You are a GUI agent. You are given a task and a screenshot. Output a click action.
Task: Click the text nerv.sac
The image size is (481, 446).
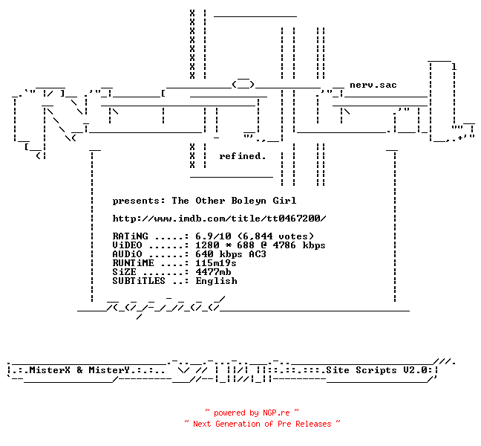[x=373, y=85]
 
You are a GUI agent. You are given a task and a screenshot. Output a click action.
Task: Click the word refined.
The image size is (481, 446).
[x=242, y=156]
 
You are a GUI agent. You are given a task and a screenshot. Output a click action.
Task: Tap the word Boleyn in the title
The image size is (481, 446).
[x=249, y=201]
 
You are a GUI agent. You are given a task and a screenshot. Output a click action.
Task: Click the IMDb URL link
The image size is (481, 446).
[x=219, y=219]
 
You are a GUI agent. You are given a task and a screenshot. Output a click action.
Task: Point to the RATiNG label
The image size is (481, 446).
[x=130, y=236]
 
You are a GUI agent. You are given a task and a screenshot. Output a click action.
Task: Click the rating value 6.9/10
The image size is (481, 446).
[x=213, y=236]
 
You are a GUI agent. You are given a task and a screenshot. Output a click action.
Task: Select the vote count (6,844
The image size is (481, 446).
[x=255, y=236]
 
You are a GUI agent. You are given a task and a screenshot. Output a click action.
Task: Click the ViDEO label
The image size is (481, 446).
[x=127, y=245]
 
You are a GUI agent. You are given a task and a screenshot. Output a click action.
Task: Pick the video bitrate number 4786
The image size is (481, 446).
[x=284, y=245]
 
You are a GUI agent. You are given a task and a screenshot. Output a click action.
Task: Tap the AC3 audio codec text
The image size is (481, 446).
[x=258, y=254]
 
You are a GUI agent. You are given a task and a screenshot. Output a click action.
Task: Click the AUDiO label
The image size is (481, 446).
[x=127, y=254]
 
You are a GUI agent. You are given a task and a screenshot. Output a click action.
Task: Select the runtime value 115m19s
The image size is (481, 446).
[x=216, y=263]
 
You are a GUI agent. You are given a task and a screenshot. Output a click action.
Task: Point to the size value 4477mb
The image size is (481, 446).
[x=213, y=272]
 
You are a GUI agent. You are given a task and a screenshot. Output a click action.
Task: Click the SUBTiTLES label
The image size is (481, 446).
[x=139, y=281]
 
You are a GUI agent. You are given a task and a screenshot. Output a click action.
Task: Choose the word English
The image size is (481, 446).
[x=216, y=282]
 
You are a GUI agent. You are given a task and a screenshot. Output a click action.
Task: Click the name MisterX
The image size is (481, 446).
[x=50, y=370]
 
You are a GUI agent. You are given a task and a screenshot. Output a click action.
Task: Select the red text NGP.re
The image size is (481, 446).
[x=276, y=413]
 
